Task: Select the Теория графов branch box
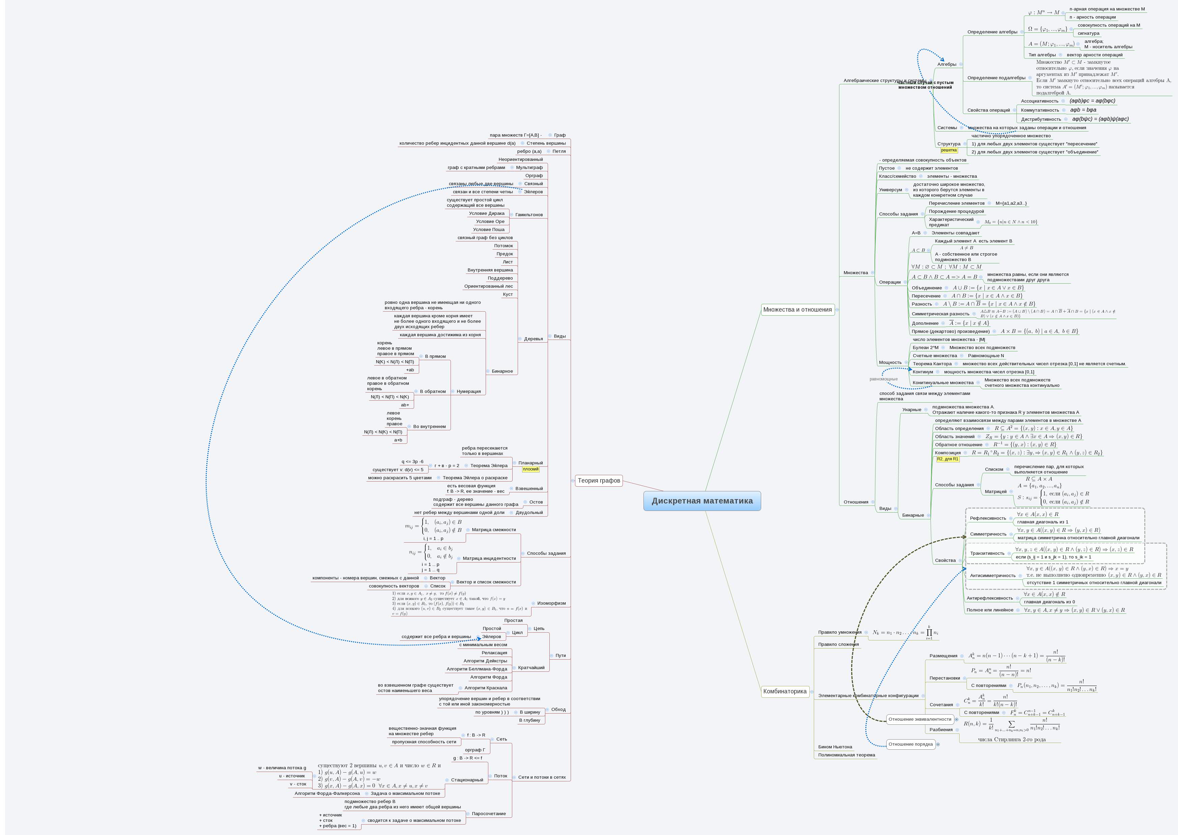pyautogui.click(x=599, y=481)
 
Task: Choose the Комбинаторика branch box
pyautogui.click(x=785, y=692)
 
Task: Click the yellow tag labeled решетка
pyautogui.click(x=949, y=150)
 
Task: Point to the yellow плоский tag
pyautogui.click(x=530, y=469)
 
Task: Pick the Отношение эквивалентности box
pyautogui.click(x=920, y=719)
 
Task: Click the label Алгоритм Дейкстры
pyautogui.click(x=485, y=661)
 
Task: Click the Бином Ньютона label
pyautogui.click(x=835, y=747)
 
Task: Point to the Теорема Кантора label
pyautogui.click(x=932, y=364)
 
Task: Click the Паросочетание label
pyautogui.click(x=488, y=813)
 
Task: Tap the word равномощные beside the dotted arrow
pyautogui.click(x=883, y=379)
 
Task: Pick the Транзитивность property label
pyautogui.click(x=987, y=553)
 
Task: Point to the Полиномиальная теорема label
pyautogui.click(x=846, y=755)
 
